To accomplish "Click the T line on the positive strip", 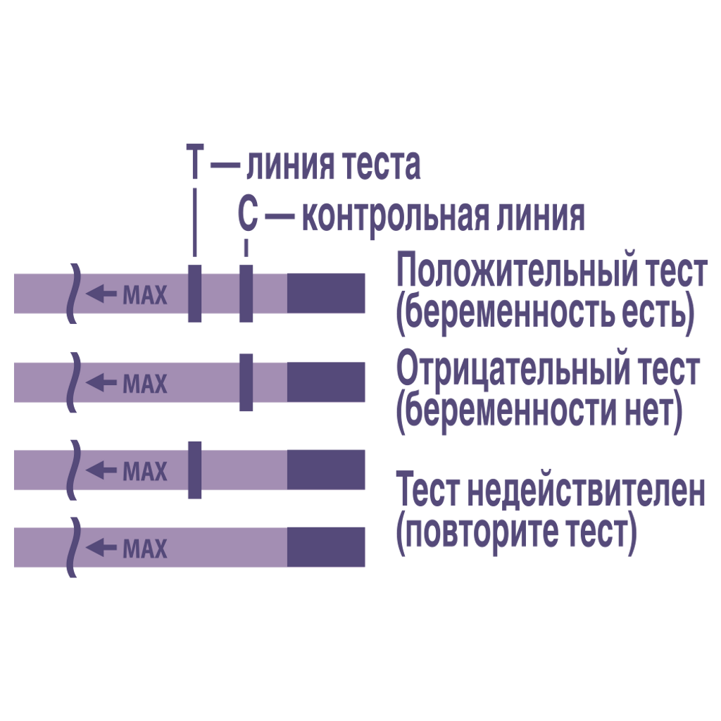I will coord(195,294).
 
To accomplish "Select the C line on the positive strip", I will coord(246,294).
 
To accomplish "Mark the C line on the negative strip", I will coord(246,383).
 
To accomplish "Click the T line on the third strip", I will coord(195,469).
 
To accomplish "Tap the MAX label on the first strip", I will coord(145,294).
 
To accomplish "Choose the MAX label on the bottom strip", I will coord(145,548).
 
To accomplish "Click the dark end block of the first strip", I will coord(326,293).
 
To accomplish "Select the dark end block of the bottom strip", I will coord(326,547).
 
